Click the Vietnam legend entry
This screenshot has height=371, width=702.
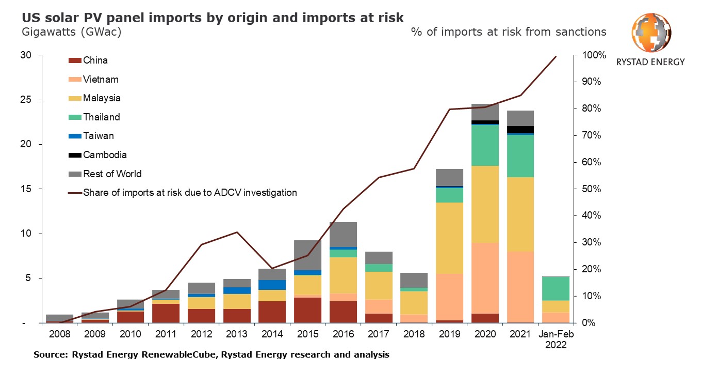101,80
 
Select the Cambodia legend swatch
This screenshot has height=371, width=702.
75,155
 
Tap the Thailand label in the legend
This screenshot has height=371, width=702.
102,117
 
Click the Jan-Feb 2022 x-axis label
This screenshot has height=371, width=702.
556,339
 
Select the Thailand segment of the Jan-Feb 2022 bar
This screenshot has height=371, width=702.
556,288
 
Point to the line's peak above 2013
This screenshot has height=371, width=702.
237,232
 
